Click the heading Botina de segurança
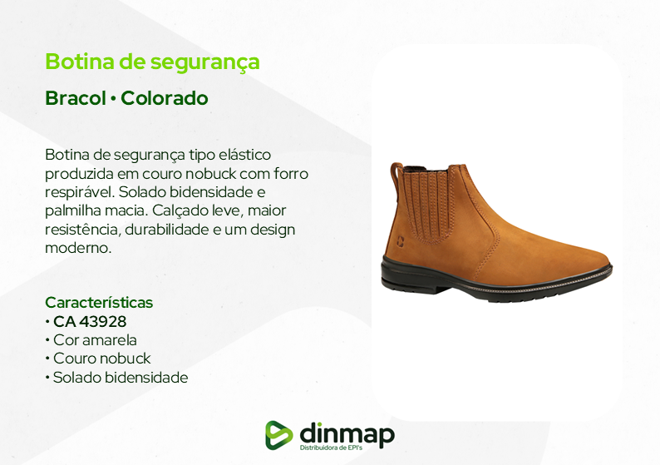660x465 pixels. click(x=152, y=62)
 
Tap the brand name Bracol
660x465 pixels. click(x=76, y=98)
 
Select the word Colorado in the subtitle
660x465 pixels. click(x=165, y=98)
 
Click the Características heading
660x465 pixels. click(x=99, y=303)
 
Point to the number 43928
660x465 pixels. click(x=102, y=321)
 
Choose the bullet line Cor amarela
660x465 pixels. click(x=91, y=340)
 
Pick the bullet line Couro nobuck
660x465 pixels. click(x=97, y=359)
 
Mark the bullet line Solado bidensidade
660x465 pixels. click(x=116, y=378)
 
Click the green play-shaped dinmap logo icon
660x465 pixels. click(x=278, y=435)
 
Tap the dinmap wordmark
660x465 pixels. click(x=347, y=433)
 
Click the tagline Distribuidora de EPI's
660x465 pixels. click(x=331, y=448)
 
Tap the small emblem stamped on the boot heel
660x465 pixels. click(x=400, y=240)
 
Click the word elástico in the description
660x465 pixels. click(x=245, y=155)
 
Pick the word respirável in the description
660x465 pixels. click(x=80, y=192)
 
